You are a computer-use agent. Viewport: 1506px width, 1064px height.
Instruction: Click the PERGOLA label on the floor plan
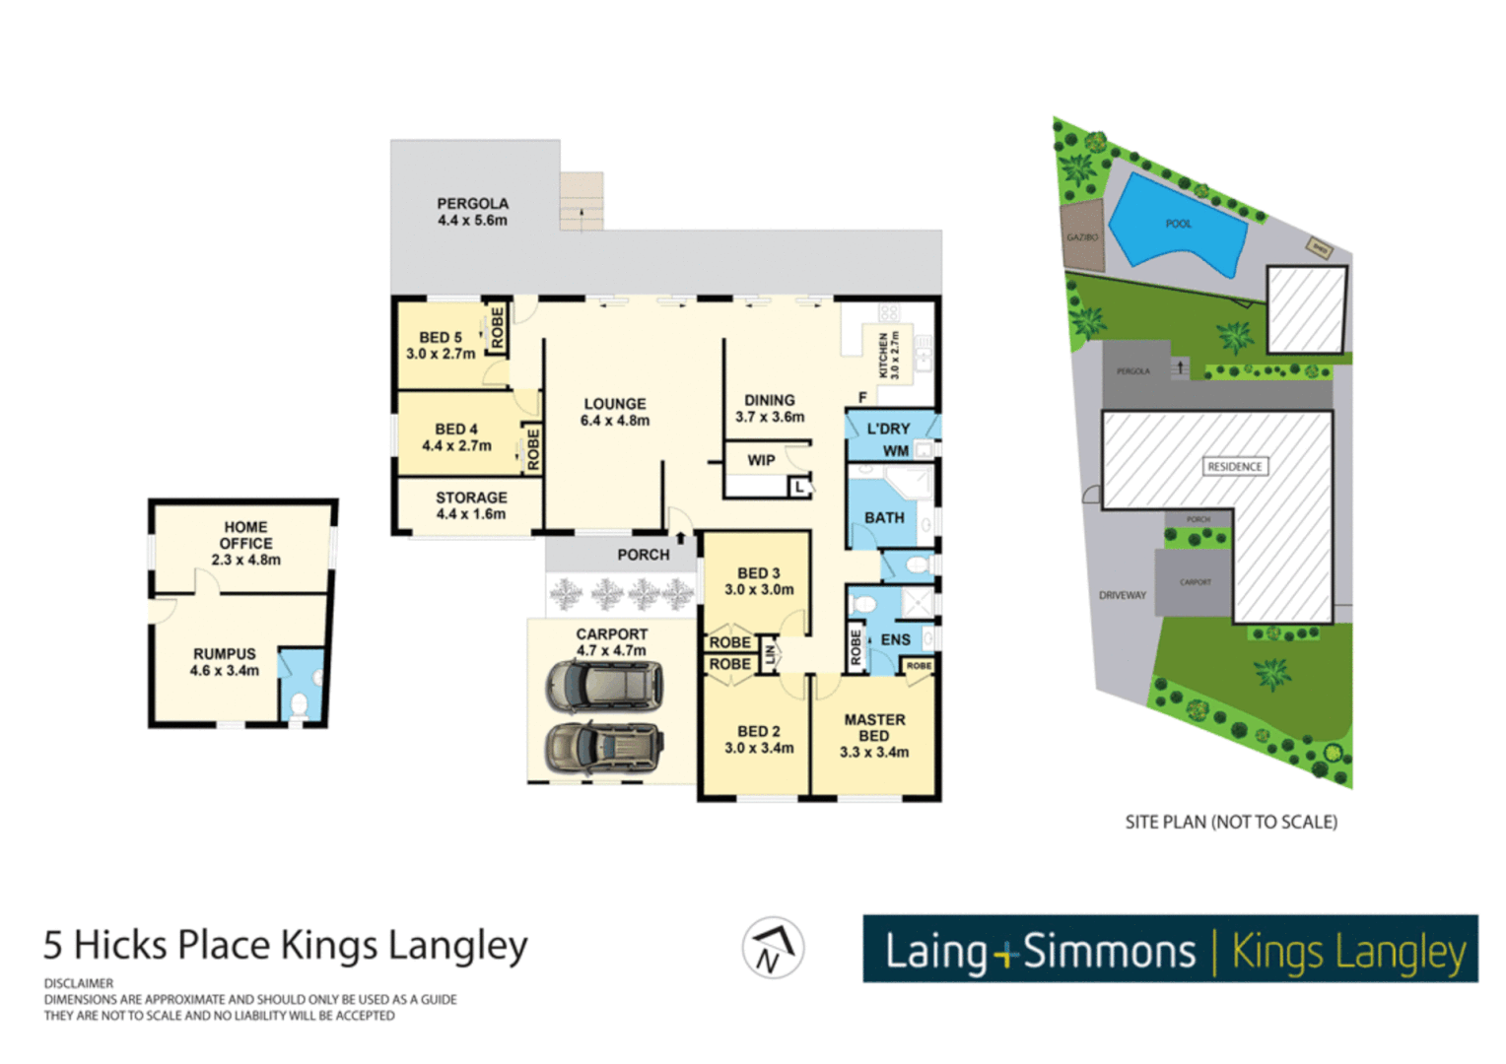click(x=472, y=212)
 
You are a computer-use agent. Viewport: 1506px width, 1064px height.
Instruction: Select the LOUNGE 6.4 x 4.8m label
click(x=615, y=412)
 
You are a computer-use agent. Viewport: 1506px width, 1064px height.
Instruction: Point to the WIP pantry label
click(x=761, y=460)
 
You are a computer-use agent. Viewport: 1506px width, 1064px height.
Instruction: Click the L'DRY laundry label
click(x=888, y=429)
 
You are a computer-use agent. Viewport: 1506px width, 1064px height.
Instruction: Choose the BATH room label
click(x=884, y=517)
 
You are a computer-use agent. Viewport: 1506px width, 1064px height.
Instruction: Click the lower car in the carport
click(x=604, y=748)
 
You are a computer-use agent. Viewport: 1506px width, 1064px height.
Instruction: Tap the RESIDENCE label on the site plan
click(x=1234, y=466)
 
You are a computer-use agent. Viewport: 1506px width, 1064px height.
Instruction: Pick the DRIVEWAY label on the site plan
click(x=1123, y=595)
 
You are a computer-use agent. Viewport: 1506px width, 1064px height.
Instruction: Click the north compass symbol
click(x=773, y=948)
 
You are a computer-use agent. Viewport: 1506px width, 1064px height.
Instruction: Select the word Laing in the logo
click(x=935, y=952)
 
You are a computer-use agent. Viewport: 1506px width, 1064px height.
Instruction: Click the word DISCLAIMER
click(x=79, y=983)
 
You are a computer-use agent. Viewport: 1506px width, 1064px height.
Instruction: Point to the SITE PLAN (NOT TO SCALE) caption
click(x=1231, y=822)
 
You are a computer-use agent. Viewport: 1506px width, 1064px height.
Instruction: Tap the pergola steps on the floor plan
click(x=582, y=201)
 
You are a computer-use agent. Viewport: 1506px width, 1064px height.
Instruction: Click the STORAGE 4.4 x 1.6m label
click(x=471, y=505)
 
